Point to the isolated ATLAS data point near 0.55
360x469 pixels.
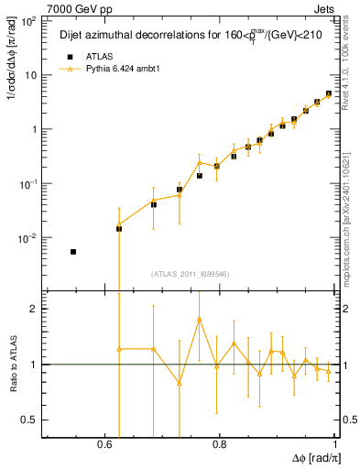click(x=73, y=251)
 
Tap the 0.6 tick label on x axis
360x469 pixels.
click(x=106, y=444)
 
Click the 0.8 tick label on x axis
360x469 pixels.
click(x=220, y=444)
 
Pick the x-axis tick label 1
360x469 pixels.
click(x=333, y=444)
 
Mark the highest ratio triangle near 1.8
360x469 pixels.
click(x=199, y=320)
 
